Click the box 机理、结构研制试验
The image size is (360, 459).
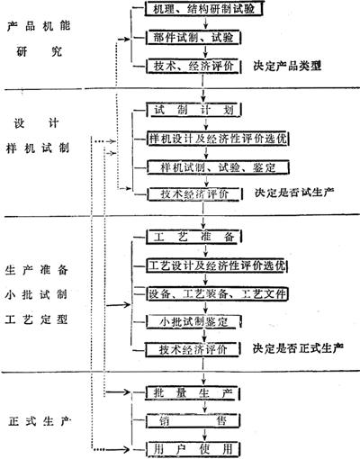click(204, 9)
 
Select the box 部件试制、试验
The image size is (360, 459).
click(193, 38)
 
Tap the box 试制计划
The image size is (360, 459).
click(194, 110)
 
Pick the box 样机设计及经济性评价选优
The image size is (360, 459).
click(218, 139)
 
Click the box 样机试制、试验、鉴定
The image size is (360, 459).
click(218, 167)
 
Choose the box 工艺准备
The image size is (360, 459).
click(194, 237)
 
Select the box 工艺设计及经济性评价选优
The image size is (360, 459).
click(217, 265)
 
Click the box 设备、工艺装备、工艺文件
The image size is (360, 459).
click(217, 293)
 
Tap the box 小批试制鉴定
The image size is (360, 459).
click(193, 322)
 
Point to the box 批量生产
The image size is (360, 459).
click(193, 393)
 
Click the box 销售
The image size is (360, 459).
click(193, 421)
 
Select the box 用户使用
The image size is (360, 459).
click(193, 449)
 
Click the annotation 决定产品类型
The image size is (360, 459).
click(287, 66)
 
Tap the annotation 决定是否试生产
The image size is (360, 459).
click(294, 193)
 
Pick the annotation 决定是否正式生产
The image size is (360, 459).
click(298, 348)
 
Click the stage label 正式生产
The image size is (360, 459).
click(39, 421)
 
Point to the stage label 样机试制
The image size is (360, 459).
click(38, 148)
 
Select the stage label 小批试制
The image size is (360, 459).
click(36, 294)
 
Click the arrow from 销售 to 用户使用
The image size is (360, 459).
click(205, 435)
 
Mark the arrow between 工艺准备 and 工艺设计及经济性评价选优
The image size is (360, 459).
click(205, 251)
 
